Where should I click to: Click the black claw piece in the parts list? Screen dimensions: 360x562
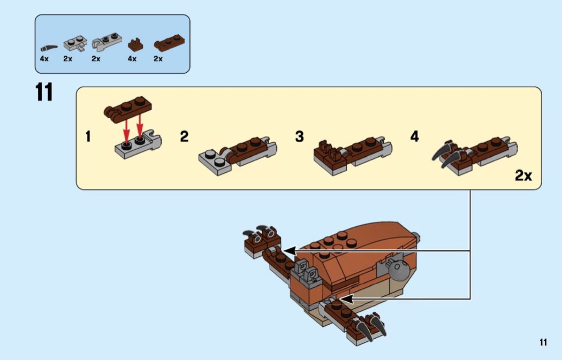point(50,47)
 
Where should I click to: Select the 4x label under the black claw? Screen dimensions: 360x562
point(44,59)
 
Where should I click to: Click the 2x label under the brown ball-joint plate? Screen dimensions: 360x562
point(158,59)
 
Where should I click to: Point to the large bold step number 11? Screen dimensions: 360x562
point(44,93)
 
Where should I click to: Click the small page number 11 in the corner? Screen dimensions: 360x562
point(543,342)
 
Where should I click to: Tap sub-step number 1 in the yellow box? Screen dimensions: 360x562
point(88,137)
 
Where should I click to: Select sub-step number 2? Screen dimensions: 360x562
point(184,137)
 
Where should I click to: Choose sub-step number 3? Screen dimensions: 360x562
point(299,137)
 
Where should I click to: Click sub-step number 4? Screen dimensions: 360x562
point(414,137)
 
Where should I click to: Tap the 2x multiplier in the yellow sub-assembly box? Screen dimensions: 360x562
point(523,175)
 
